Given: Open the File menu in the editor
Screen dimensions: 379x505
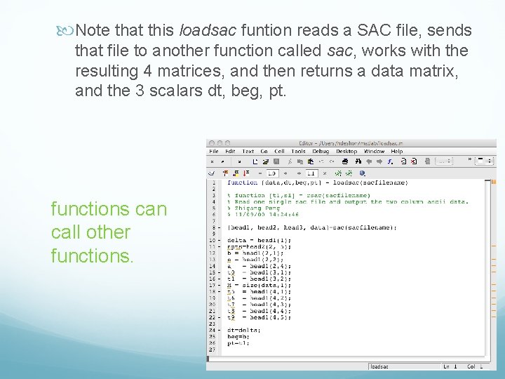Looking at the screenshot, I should tap(214, 151).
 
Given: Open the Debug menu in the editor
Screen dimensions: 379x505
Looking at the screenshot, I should tap(321, 151).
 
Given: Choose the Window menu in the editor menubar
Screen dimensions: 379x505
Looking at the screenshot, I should tap(374, 151).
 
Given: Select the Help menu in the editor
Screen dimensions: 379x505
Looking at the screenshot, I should tap(397, 151).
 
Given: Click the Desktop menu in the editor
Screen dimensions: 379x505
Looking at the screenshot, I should tap(346, 151).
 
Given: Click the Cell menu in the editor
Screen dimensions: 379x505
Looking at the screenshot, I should tap(279, 151).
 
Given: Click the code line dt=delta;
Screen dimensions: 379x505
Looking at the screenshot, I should tap(243, 330).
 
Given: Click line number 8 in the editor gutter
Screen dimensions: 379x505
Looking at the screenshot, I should tap(213, 227).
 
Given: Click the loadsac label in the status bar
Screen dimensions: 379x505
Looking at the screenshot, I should tap(380, 366).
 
